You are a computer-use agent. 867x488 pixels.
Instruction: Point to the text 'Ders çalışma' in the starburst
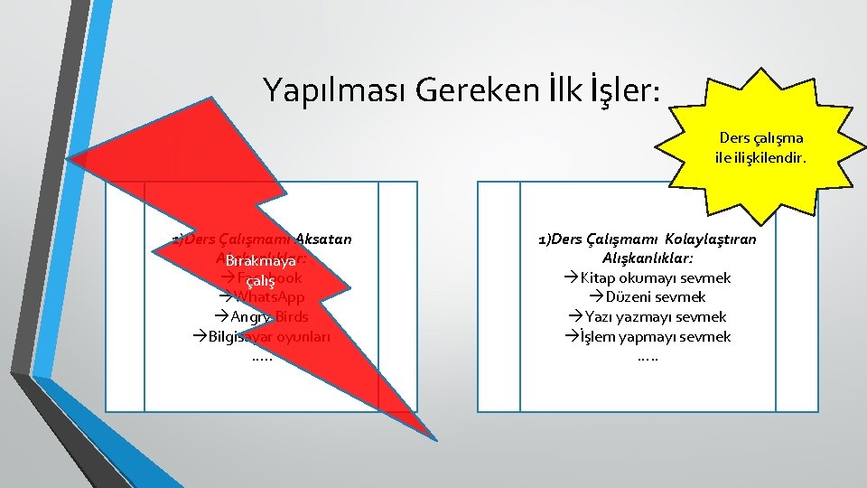[761, 138]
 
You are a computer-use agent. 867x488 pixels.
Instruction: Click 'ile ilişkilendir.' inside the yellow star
[761, 157]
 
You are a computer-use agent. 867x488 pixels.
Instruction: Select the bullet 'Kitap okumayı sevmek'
[655, 277]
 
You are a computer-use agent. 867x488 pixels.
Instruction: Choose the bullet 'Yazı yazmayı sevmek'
[655, 316]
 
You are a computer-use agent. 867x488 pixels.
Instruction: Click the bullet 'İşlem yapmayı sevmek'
[655, 336]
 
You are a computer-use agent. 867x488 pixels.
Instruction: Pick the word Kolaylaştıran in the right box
[711, 239]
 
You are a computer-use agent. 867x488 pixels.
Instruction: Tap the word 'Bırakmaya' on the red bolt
[262, 261]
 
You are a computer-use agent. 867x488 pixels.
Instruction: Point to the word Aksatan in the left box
[324, 239]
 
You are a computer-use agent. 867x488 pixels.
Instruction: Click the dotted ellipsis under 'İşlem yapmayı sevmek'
[648, 356]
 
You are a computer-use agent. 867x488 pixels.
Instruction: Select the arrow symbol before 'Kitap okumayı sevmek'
[571, 277]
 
